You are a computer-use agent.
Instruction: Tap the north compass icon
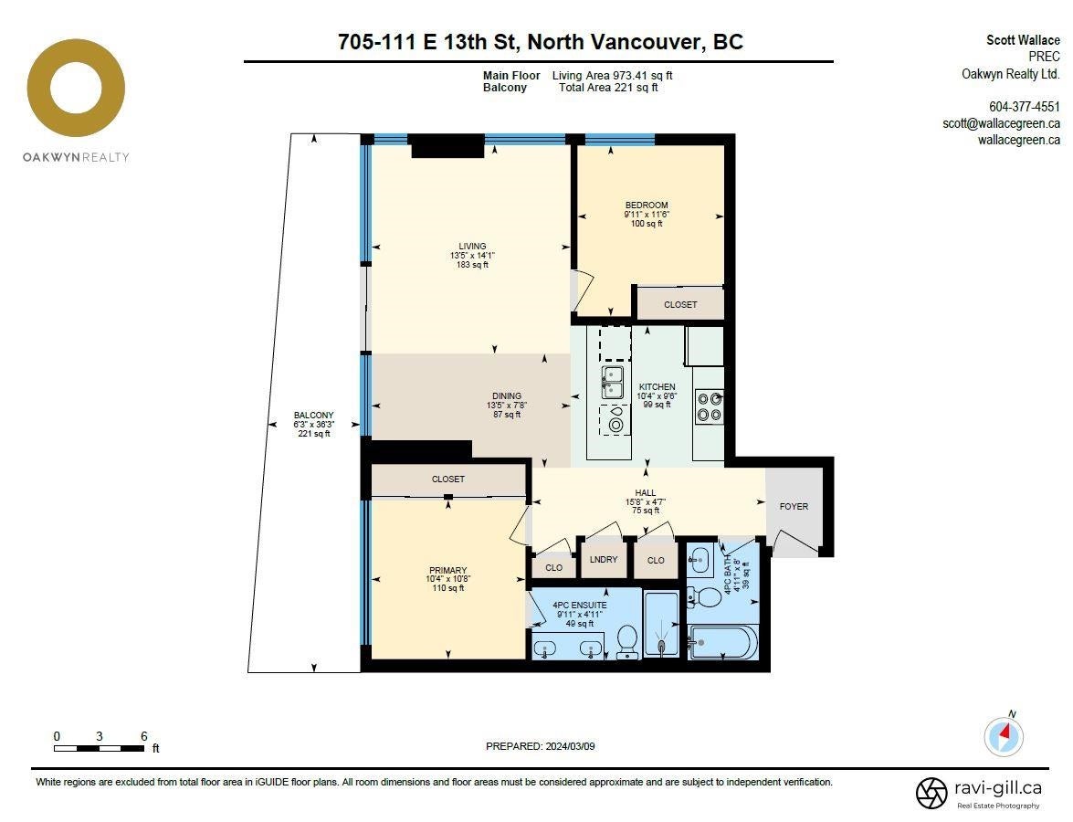click(x=1004, y=736)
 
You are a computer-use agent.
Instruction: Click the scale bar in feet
click(x=100, y=749)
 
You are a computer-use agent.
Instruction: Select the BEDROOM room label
click(x=647, y=205)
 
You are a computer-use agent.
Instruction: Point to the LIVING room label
click(x=472, y=246)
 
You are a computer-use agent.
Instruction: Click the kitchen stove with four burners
click(x=709, y=406)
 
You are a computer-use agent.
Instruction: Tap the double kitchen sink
click(x=613, y=382)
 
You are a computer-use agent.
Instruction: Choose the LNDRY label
click(x=604, y=559)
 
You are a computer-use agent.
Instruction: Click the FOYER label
click(x=794, y=507)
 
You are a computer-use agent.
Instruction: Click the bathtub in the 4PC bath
click(x=722, y=642)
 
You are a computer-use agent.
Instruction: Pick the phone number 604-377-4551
click(x=1025, y=107)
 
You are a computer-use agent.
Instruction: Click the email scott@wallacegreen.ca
click(x=1001, y=123)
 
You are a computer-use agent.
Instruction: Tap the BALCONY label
click(x=314, y=415)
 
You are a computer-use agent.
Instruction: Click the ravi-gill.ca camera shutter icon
click(x=931, y=793)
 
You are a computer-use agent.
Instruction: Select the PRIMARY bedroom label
click(x=448, y=570)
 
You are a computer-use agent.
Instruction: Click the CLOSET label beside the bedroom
click(x=680, y=304)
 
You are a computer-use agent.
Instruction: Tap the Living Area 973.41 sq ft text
click(x=613, y=75)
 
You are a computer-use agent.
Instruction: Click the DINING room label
click(x=507, y=395)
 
